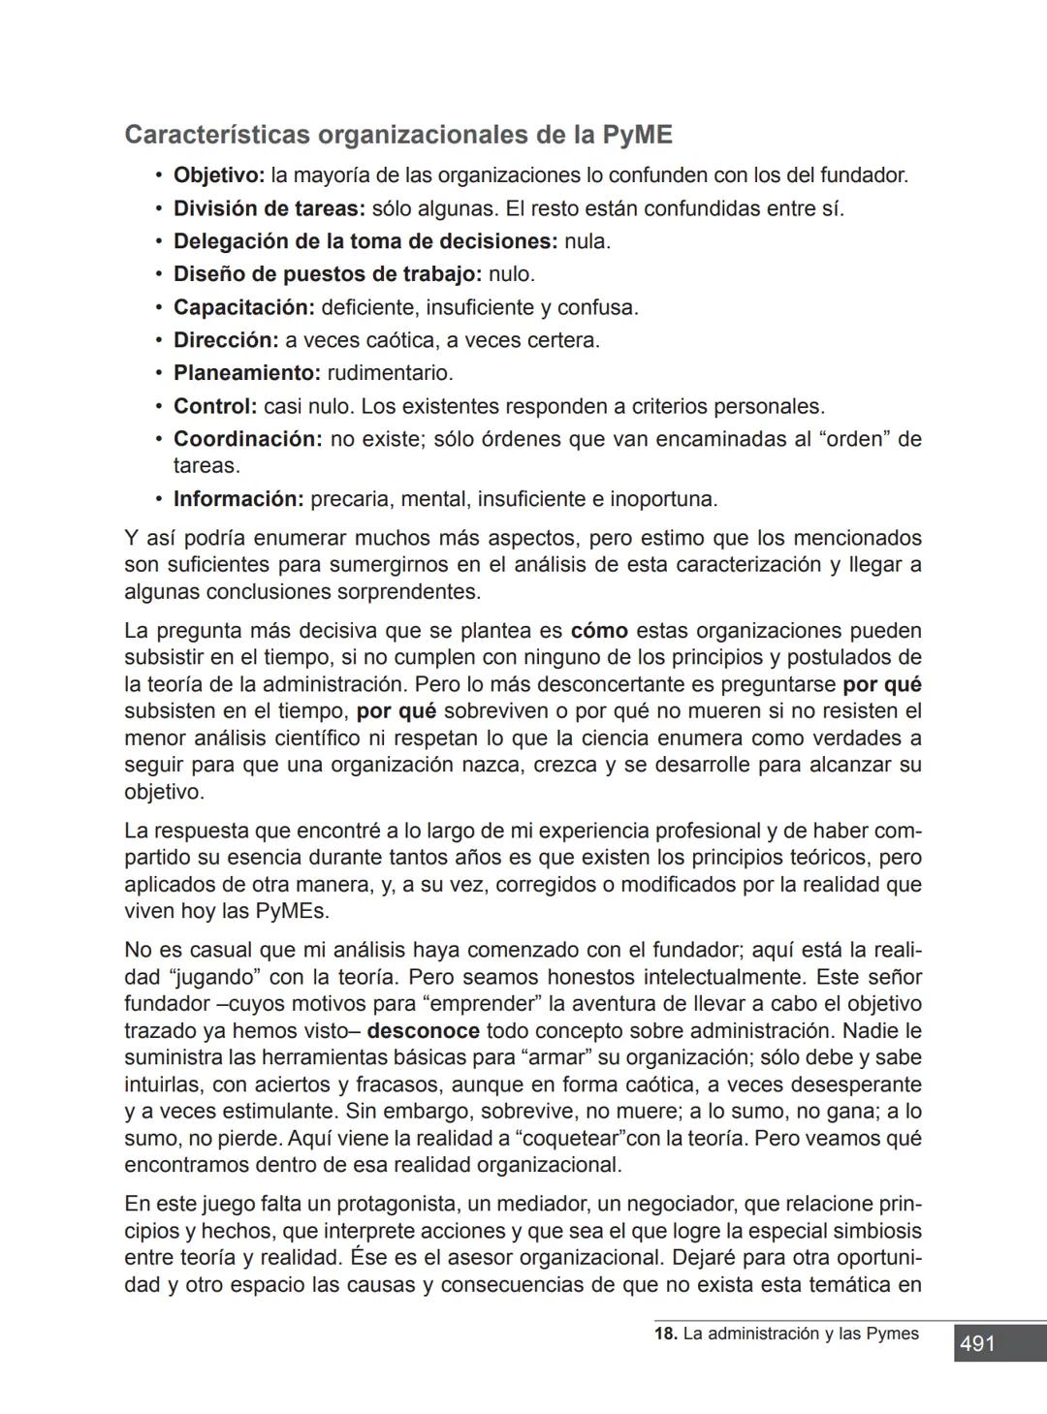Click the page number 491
(x=977, y=1344)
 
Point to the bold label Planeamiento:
(x=246, y=373)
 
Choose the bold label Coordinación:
(x=247, y=439)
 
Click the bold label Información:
(x=238, y=500)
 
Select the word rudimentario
(x=390, y=373)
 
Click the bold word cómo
(x=599, y=632)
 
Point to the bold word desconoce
(x=424, y=1031)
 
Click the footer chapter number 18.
(x=665, y=1335)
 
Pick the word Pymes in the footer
(x=891, y=1335)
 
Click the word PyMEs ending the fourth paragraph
(x=292, y=912)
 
